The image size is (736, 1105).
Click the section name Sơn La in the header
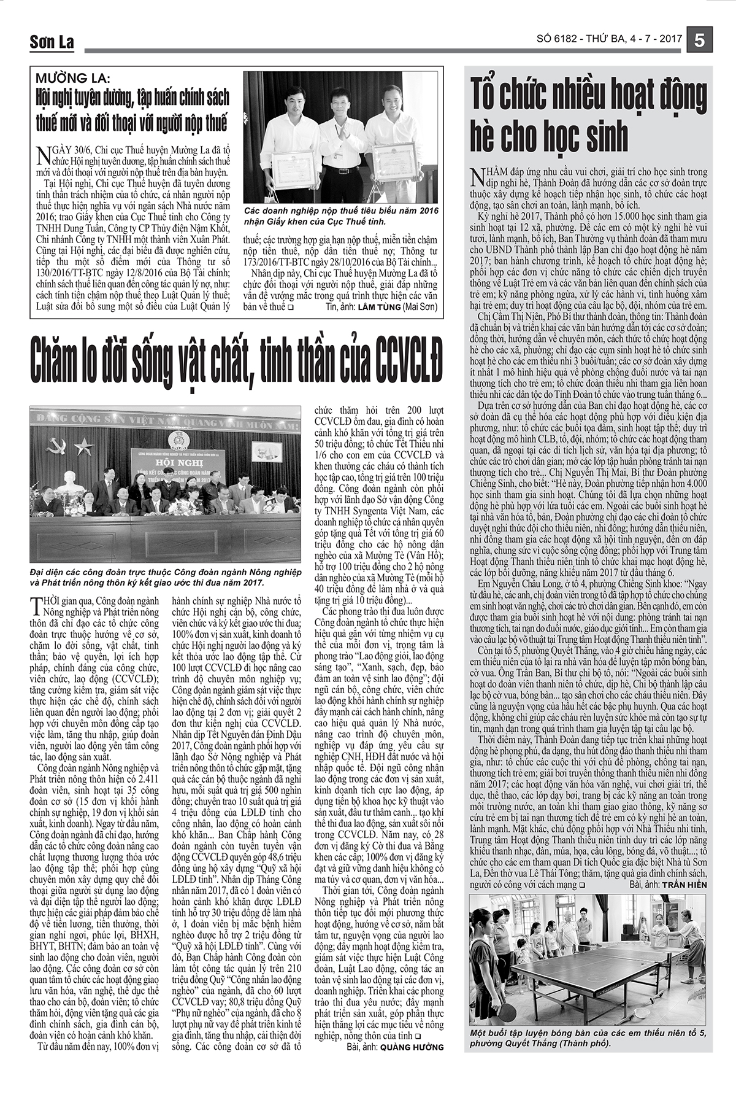(x=52, y=42)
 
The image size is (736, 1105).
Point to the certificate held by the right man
(x=394, y=161)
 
